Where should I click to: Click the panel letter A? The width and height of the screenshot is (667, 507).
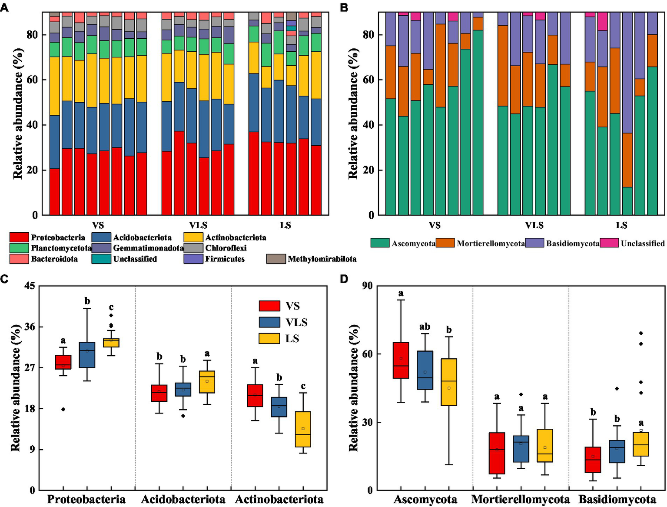[x=4, y=7]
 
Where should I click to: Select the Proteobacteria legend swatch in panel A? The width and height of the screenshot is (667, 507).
[x=19, y=237]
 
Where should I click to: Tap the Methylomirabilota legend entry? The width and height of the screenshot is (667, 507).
[x=322, y=259]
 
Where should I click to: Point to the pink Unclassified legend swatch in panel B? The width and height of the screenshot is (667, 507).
[x=609, y=243]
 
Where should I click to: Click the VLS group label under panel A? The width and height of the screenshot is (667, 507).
[x=198, y=225]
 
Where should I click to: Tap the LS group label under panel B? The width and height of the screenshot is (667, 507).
[x=621, y=225]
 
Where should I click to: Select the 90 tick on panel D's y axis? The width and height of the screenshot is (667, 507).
[x=368, y=286]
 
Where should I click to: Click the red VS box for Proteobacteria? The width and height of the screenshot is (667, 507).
[x=63, y=362]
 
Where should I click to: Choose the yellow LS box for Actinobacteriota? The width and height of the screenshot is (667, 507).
[x=303, y=429]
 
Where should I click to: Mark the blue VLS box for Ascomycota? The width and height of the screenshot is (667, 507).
[x=425, y=370]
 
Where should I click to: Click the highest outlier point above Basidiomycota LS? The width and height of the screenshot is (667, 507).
[x=641, y=333]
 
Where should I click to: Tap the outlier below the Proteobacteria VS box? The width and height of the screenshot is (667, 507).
[x=63, y=409]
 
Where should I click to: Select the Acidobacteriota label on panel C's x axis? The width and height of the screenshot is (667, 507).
[x=183, y=499]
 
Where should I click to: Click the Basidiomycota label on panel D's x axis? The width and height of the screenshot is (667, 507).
[x=617, y=499]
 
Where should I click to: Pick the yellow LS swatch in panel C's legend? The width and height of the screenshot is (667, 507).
[x=269, y=339]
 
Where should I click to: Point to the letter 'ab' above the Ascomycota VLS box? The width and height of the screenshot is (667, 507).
[x=425, y=327]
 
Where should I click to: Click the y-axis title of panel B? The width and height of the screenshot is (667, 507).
[x=353, y=113]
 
